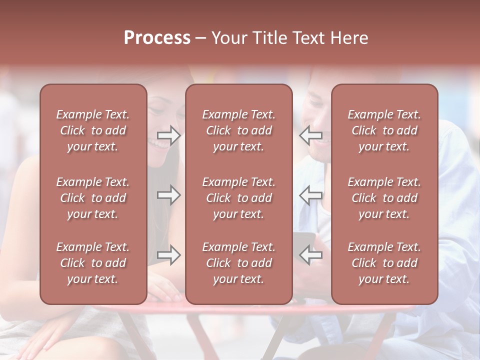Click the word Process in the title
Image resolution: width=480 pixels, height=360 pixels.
(x=157, y=38)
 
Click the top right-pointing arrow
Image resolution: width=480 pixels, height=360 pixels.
(x=168, y=135)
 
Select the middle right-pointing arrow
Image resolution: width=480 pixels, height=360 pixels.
(x=168, y=195)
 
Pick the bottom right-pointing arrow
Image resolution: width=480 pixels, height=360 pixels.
(x=168, y=255)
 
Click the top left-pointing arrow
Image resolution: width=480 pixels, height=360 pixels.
(x=310, y=135)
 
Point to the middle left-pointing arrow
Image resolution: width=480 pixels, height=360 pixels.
(x=310, y=195)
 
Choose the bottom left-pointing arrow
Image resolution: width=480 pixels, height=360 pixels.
(x=310, y=255)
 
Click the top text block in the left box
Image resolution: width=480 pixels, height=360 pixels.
(x=93, y=130)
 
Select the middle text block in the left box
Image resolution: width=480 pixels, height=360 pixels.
(x=93, y=198)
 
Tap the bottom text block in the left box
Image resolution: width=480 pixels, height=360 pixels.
(x=93, y=263)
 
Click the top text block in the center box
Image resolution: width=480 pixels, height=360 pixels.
(x=239, y=130)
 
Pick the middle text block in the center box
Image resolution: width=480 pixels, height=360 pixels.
(x=239, y=198)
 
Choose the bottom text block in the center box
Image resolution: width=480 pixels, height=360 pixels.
(x=239, y=263)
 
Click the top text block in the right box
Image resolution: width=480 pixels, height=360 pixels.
(x=384, y=130)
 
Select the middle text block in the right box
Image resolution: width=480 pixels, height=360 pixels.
(x=384, y=198)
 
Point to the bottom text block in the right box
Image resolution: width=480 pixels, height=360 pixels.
(x=384, y=263)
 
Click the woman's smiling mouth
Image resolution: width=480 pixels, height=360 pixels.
(x=161, y=144)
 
